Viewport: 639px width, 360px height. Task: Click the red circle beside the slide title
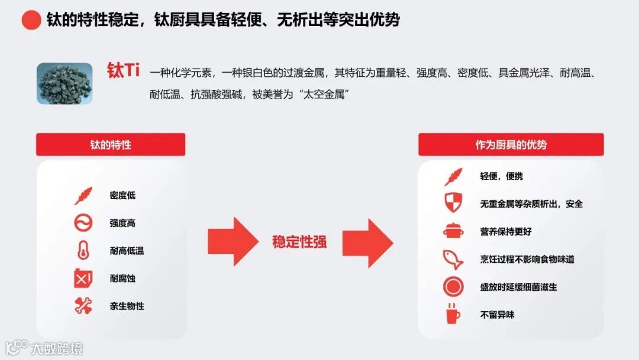tap(31, 20)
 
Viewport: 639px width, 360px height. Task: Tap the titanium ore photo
tap(64, 83)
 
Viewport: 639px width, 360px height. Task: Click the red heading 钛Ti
tap(123, 71)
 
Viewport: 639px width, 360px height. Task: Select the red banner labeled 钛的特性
tap(111, 144)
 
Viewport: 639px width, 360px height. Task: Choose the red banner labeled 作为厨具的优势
tap(511, 144)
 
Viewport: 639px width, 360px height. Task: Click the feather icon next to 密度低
tap(83, 195)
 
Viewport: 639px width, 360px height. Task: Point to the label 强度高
tap(122, 223)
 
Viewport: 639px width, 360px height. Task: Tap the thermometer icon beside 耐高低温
tap(83, 250)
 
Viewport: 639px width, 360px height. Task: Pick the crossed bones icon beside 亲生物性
tap(83, 306)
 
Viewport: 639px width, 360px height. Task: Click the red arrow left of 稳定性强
tap(233, 242)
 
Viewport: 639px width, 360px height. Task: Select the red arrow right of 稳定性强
tap(367, 242)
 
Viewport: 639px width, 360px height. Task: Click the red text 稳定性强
tap(299, 242)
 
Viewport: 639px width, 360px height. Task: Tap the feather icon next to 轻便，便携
tap(453, 176)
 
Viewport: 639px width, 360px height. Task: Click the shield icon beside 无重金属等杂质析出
tap(453, 203)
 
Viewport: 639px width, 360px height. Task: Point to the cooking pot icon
tap(453, 231)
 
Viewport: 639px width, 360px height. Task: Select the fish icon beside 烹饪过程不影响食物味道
tap(453, 259)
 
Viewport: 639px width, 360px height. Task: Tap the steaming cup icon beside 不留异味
tap(453, 314)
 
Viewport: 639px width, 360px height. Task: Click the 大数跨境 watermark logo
tap(44, 348)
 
